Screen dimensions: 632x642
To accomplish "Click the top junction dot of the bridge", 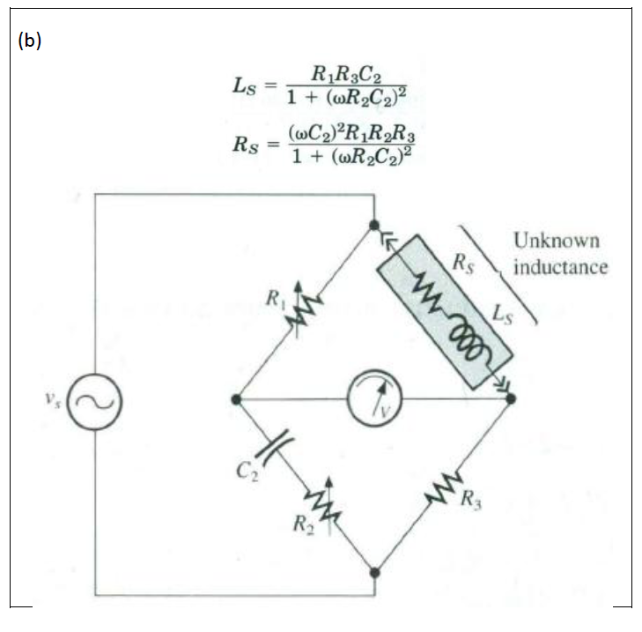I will click(x=374, y=226).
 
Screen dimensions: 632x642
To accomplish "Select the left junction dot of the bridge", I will click(x=235, y=399).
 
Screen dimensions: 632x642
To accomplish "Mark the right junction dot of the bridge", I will click(x=511, y=399).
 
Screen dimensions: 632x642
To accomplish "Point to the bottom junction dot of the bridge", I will click(x=374, y=571).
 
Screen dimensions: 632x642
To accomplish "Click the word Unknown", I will click(x=556, y=241).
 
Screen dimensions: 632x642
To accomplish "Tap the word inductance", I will click(x=560, y=266).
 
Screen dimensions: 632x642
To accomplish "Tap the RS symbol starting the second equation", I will click(x=243, y=145).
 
